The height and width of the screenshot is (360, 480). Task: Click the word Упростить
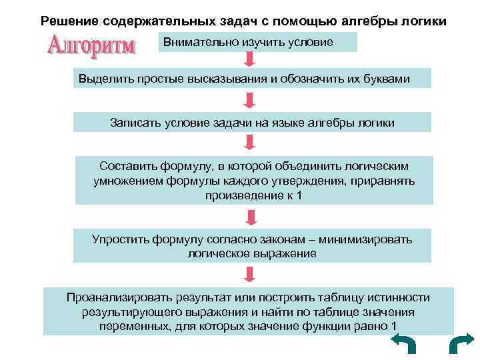120,239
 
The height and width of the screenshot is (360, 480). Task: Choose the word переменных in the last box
128,327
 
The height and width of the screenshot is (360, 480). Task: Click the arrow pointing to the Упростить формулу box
251,217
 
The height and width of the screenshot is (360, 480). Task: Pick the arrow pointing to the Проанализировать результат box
251,273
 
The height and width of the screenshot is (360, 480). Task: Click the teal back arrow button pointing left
402,345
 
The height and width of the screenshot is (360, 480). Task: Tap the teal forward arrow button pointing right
461,345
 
